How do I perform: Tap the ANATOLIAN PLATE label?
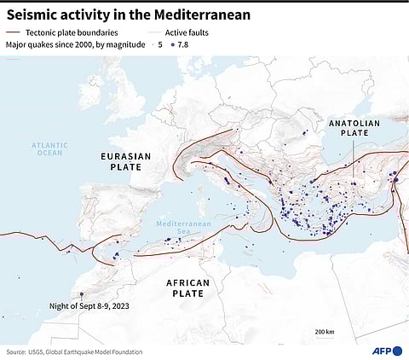[x=353, y=130]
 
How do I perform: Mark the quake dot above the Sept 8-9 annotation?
[x=82, y=294]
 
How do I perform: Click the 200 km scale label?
[x=324, y=331]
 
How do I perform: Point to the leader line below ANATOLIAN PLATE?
[x=353, y=158]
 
